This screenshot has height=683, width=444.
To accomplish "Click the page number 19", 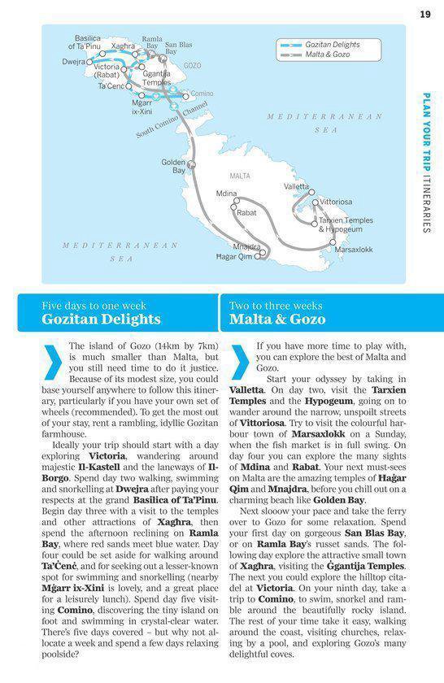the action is pos(424,13).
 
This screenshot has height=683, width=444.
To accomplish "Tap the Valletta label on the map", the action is pos(296,187).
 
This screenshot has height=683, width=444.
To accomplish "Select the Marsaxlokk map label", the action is pos(354,250).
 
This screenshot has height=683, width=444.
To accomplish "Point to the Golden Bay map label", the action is pos(173,166).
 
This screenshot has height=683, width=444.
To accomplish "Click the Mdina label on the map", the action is pos(227,193).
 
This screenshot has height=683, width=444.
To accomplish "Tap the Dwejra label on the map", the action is pos(73,62).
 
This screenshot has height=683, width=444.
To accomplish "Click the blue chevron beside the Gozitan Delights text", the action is pos(52,363).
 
